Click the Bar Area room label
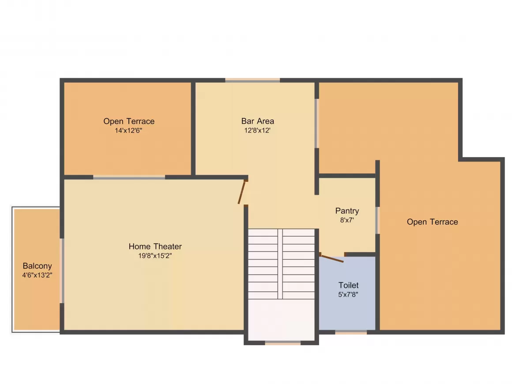click(x=257, y=121)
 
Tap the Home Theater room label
click(x=155, y=246)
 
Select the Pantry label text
click(x=347, y=211)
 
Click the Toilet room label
click(x=348, y=285)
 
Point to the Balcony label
click(x=37, y=266)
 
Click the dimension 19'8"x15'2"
click(x=155, y=256)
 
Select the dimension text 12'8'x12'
click(x=257, y=130)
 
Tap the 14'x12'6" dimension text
click(x=128, y=130)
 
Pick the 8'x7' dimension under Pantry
click(x=347, y=220)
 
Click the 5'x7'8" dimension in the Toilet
click(x=348, y=294)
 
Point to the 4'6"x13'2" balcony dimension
click(x=37, y=275)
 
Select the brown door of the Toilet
click(x=331, y=258)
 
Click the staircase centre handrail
click(x=280, y=264)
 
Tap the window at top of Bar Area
click(x=252, y=80)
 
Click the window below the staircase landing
click(x=282, y=343)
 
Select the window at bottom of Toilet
click(x=351, y=332)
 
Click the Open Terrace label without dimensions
click(x=432, y=222)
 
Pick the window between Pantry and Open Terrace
click(x=377, y=220)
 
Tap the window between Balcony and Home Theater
click(x=62, y=270)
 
